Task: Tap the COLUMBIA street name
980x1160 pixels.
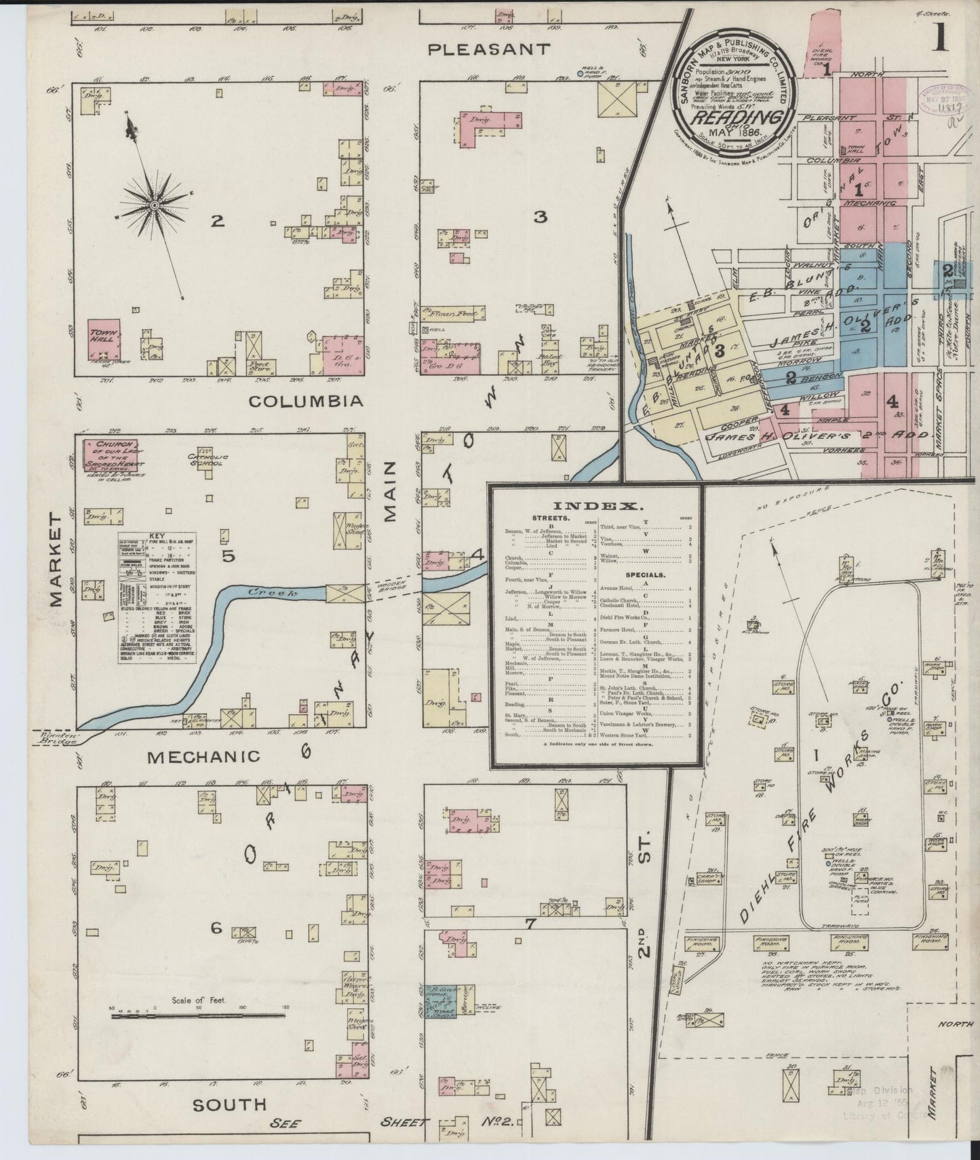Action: click(306, 402)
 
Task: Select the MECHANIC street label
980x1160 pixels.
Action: click(203, 756)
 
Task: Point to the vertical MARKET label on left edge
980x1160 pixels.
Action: click(56, 559)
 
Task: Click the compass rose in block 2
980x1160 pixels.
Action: click(155, 204)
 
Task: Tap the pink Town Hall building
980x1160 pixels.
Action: click(104, 336)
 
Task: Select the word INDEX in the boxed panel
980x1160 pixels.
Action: click(597, 506)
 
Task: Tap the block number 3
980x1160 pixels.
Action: click(540, 217)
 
